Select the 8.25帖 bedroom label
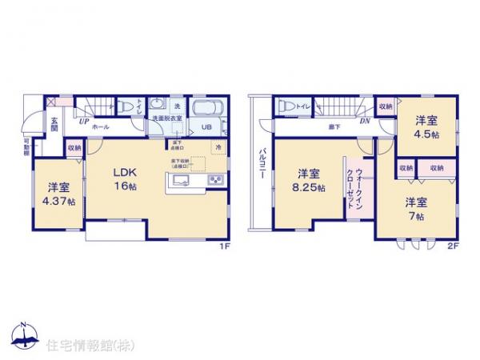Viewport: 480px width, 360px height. pyautogui.click(x=310, y=180)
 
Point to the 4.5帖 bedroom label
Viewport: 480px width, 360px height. pyautogui.click(x=426, y=128)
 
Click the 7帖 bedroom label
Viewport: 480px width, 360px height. pyautogui.click(x=414, y=209)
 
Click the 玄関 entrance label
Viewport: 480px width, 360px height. pyautogui.click(x=54, y=124)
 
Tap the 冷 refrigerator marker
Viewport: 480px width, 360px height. pyautogui.click(x=218, y=146)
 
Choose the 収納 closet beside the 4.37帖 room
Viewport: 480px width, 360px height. pyautogui.click(x=74, y=147)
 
